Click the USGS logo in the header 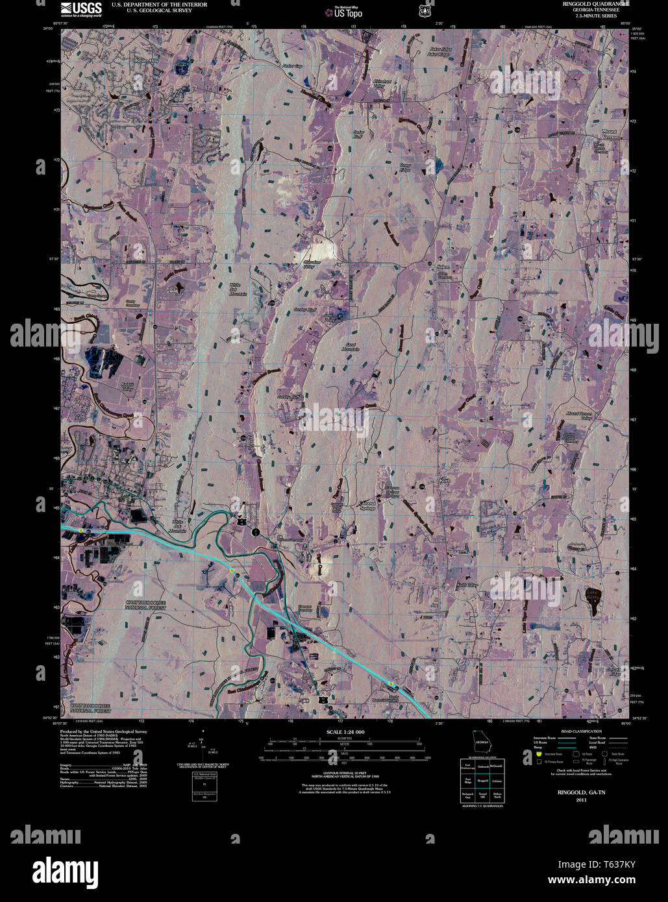(81, 8)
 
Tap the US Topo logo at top (343, 11)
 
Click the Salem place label (443, 267)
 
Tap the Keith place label (445, 481)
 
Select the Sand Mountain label (351, 347)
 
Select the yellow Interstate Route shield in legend (539, 754)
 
